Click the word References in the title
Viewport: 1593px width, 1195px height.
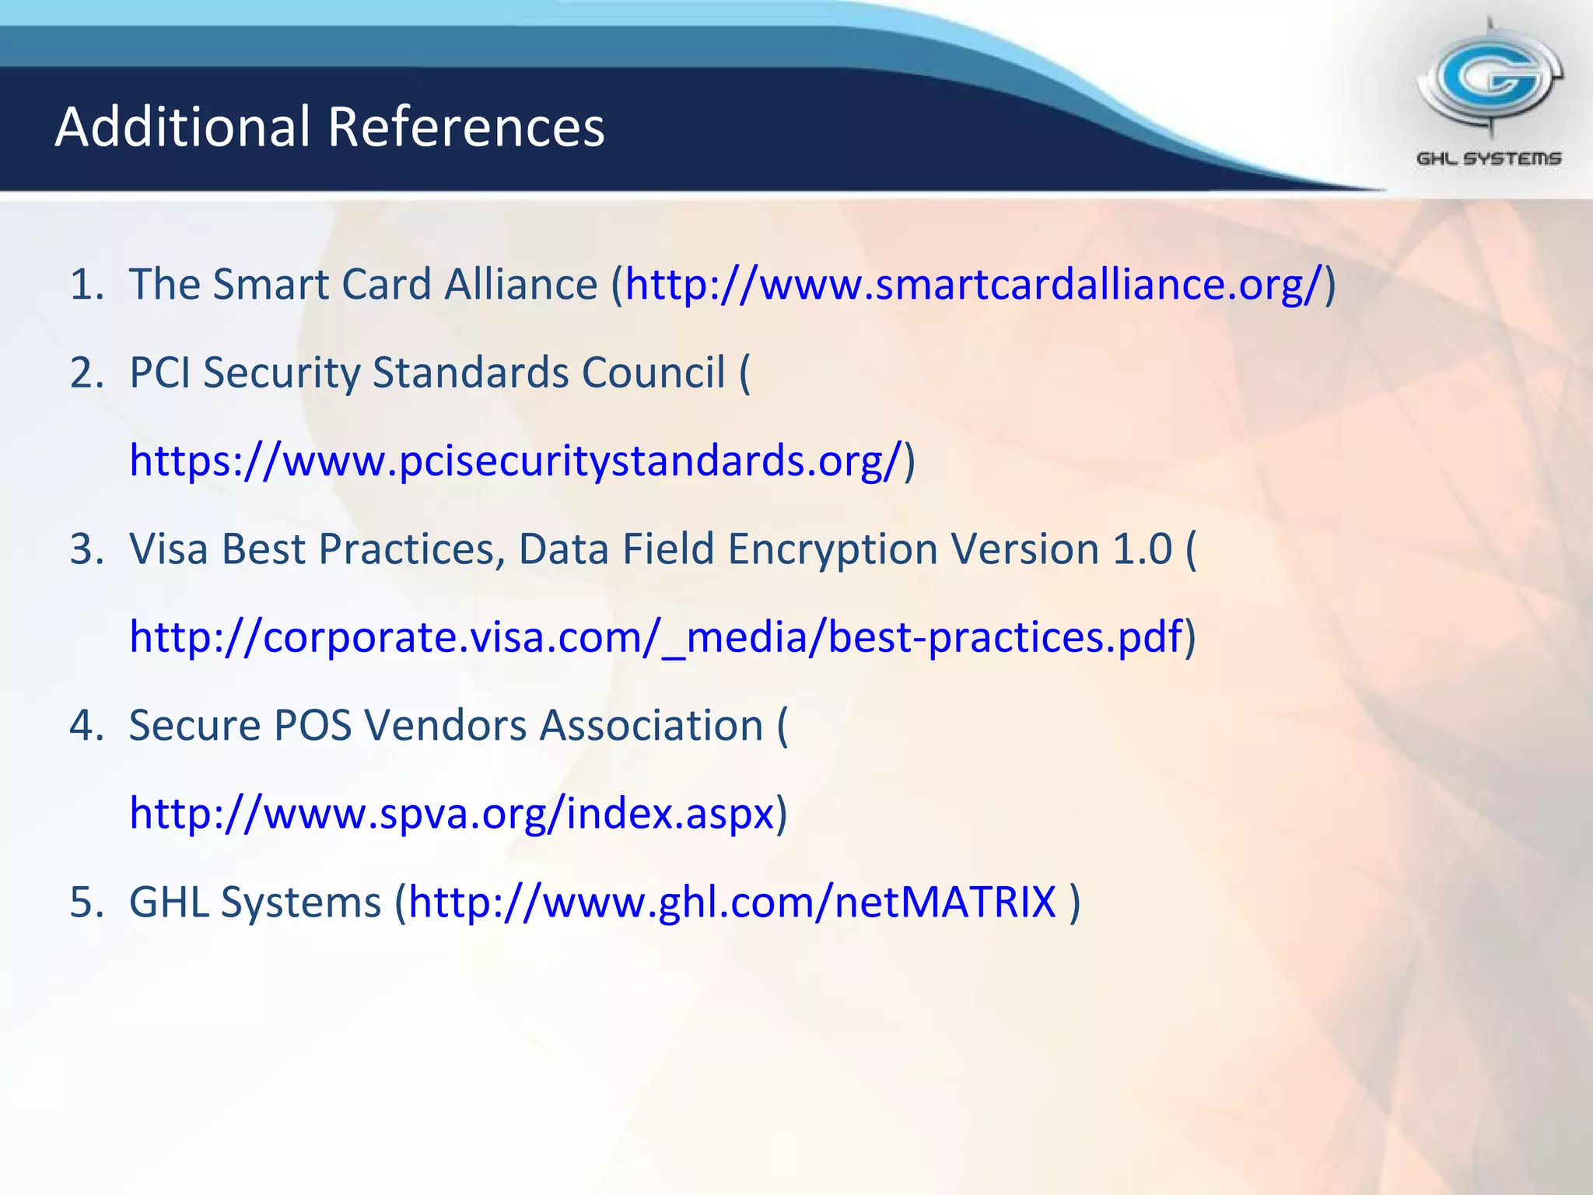click(x=466, y=127)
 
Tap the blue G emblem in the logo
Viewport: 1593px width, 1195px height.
click(x=1489, y=78)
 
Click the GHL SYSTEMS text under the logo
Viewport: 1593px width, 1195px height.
click(x=1489, y=159)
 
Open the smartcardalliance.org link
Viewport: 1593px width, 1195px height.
click(x=973, y=284)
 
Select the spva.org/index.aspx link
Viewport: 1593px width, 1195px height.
click(x=452, y=814)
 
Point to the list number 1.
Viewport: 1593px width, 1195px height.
click(x=86, y=284)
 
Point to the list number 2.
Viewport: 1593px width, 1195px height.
click(x=86, y=373)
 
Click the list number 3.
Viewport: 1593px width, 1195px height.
click(x=86, y=549)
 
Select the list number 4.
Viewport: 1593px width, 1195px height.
click(x=86, y=726)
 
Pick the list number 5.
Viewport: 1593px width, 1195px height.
click(x=86, y=902)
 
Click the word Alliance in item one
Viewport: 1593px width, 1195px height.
click(x=520, y=284)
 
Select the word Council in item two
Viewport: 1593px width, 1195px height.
click(x=653, y=373)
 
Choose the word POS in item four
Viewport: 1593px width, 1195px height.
click(x=313, y=726)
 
